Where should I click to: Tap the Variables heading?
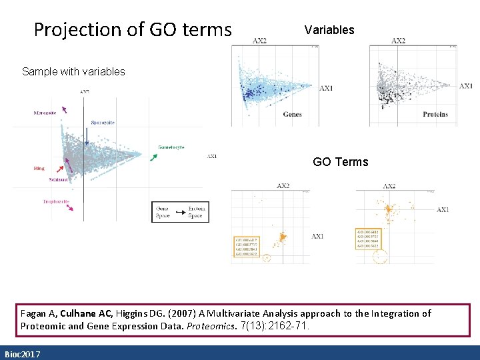click(329, 30)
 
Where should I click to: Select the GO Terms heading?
click(340, 162)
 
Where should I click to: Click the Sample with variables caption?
click(73, 71)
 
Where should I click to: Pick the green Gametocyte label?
click(171, 147)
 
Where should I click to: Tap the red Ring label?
click(39, 168)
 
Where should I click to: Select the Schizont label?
click(59, 179)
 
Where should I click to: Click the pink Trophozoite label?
click(56, 201)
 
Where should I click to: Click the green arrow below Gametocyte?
click(153, 157)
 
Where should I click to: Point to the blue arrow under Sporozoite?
click(87, 138)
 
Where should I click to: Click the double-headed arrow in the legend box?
click(179, 211)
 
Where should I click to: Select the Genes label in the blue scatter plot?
click(292, 115)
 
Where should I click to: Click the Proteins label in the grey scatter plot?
click(435, 115)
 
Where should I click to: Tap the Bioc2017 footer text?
click(22, 354)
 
